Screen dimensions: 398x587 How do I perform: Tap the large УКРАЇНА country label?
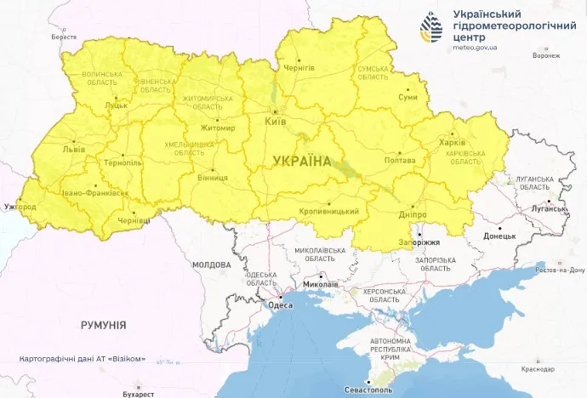click(x=302, y=160)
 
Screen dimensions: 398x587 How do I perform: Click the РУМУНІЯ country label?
click(x=103, y=325)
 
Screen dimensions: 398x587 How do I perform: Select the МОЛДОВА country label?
click(x=211, y=265)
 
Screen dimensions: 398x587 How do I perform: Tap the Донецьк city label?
click(x=499, y=236)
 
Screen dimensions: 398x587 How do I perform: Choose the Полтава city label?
click(x=400, y=159)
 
